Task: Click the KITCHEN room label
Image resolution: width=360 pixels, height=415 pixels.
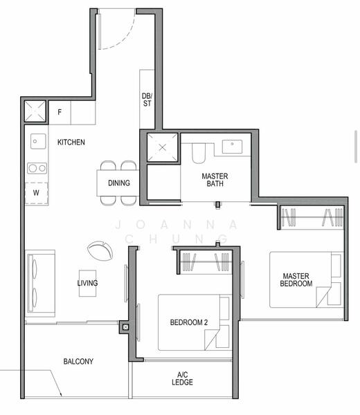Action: (71, 142)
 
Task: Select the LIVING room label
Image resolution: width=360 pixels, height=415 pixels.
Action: (87, 283)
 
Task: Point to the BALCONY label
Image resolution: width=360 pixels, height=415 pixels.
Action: (78, 362)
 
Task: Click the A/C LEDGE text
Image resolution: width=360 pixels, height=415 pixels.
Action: (183, 378)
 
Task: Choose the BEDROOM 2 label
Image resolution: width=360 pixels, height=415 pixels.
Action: (189, 322)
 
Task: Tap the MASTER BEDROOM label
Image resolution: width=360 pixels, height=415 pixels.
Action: (296, 279)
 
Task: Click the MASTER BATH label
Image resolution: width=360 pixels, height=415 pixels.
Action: (215, 181)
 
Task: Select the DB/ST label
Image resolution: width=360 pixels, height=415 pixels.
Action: (147, 100)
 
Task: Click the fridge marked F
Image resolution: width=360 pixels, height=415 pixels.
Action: (60, 112)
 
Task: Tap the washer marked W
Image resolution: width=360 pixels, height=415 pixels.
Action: (36, 193)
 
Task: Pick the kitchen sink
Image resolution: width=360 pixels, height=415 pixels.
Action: (36, 141)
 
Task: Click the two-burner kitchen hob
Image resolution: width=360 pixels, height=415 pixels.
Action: (36, 167)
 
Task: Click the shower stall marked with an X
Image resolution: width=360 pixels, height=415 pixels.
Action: (163, 147)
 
